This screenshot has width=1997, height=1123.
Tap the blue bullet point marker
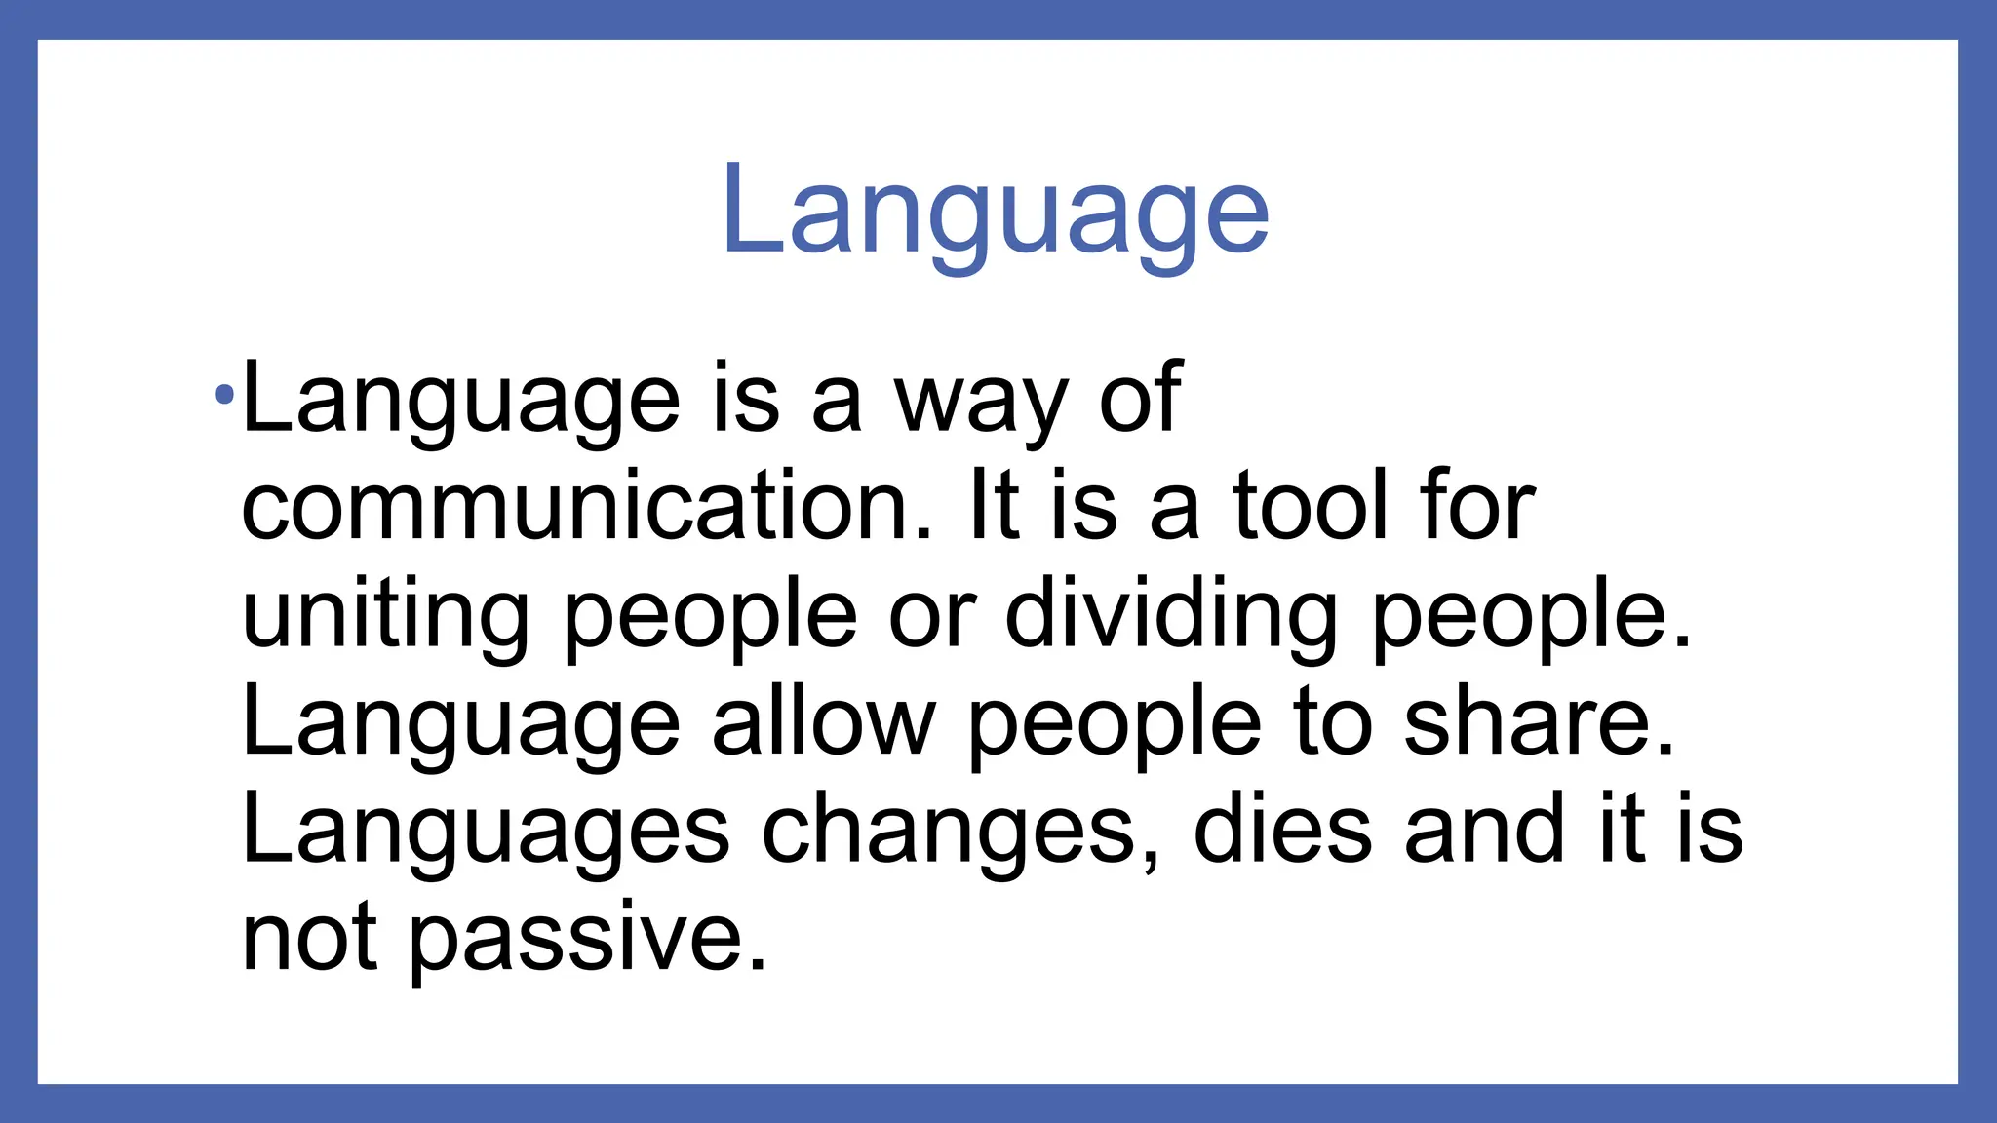pyautogui.click(x=225, y=396)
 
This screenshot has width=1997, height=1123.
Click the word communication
pyautogui.click(x=586, y=506)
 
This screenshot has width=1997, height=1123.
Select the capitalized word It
pyautogui.click(x=994, y=506)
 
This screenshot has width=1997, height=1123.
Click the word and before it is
pyautogui.click(x=1485, y=830)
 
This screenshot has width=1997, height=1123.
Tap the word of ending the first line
pyautogui.click(x=1141, y=398)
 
